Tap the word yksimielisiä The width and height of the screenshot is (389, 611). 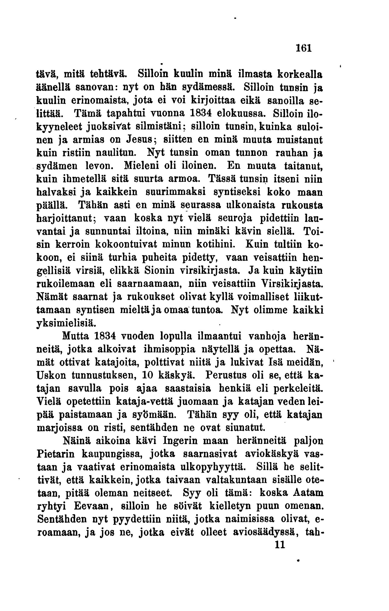[x=66, y=324]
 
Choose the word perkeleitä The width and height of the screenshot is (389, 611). [x=298, y=388]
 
